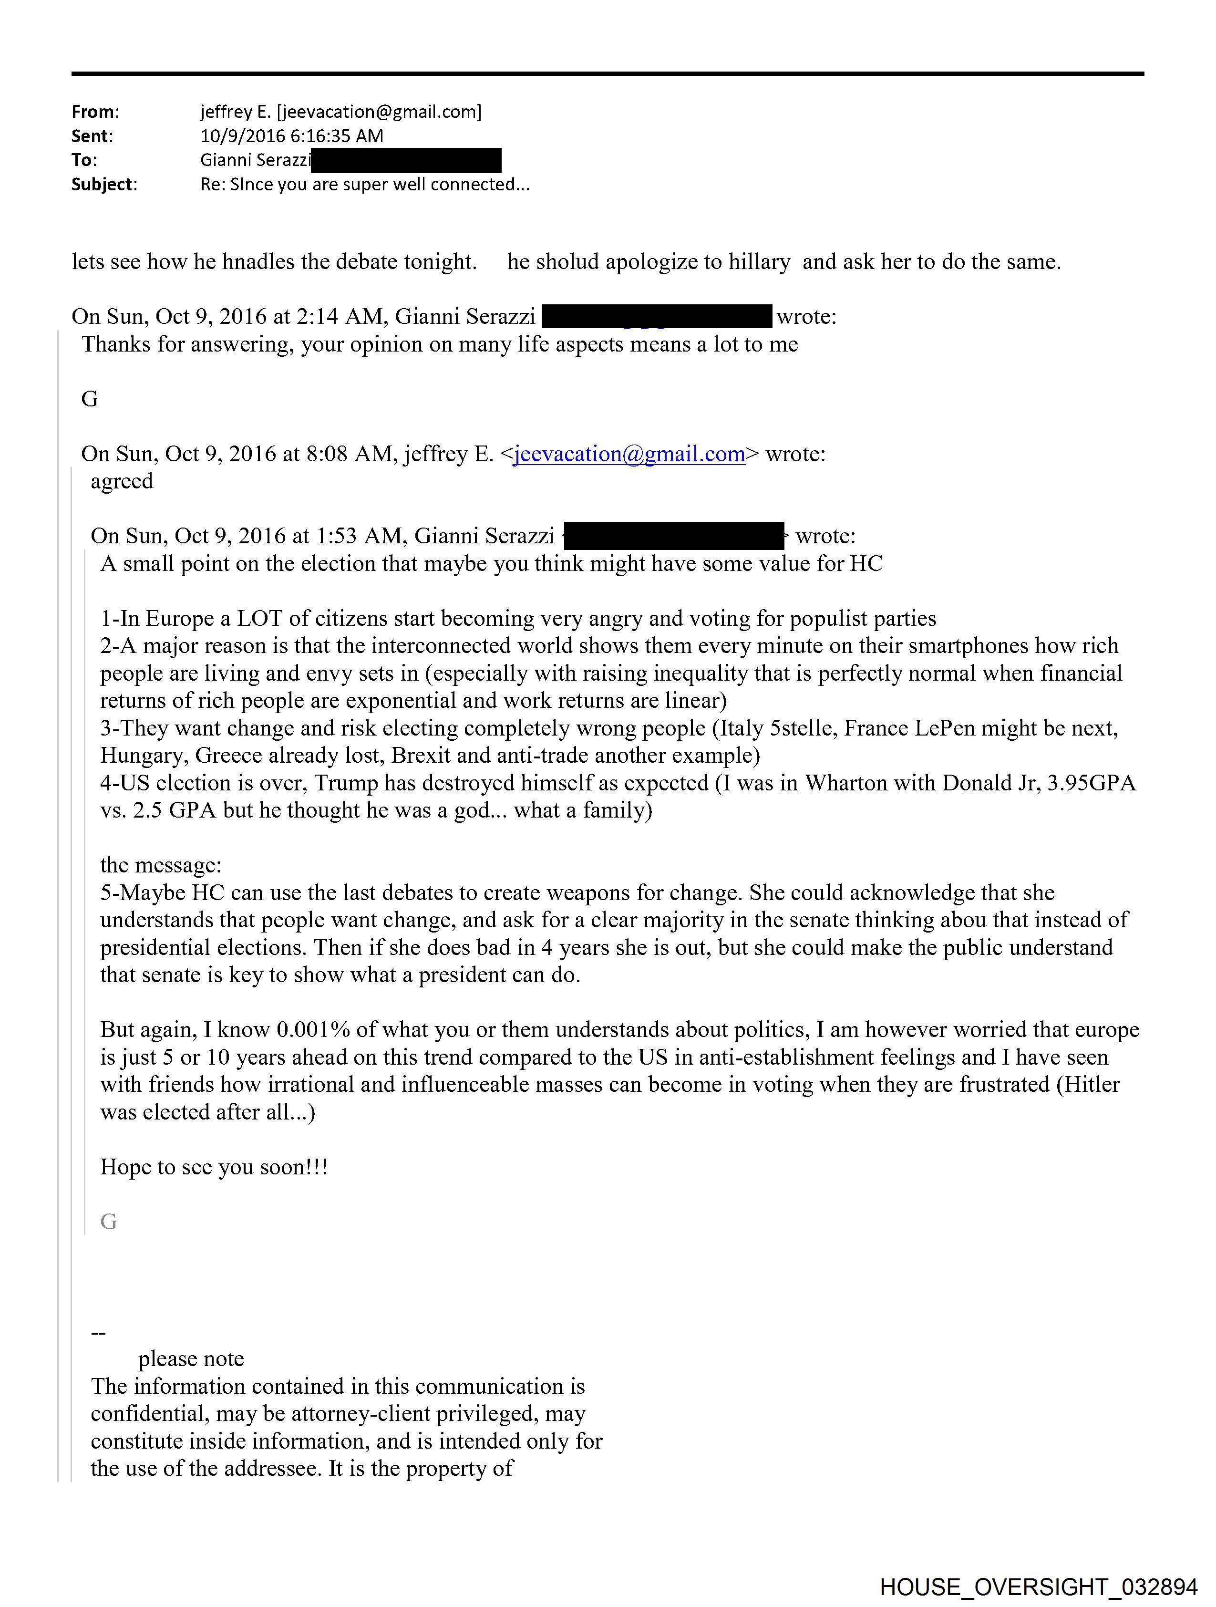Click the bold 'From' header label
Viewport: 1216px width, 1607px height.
(93, 112)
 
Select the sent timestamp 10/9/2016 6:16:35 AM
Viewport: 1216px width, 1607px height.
(291, 136)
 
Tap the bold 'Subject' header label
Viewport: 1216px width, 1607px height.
(103, 185)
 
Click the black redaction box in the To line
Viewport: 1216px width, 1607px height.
(406, 160)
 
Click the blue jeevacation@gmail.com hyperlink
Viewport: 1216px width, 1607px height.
(629, 454)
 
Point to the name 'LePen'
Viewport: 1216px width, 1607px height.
(944, 728)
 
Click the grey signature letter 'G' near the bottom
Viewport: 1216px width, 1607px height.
(108, 1222)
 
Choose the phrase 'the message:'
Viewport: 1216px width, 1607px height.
(161, 865)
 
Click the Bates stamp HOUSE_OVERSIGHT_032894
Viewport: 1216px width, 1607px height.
(1038, 1586)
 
